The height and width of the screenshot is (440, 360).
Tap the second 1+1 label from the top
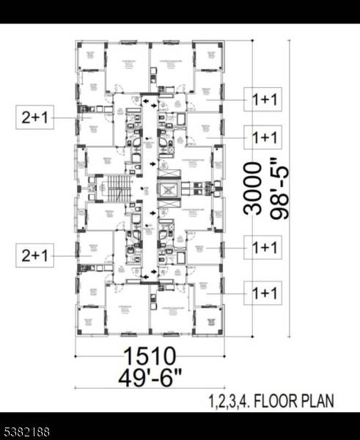(x=264, y=137)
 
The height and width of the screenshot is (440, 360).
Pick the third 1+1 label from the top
(x=264, y=248)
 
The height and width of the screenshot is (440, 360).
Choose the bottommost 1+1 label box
(x=264, y=294)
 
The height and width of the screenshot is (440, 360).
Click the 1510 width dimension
(x=150, y=357)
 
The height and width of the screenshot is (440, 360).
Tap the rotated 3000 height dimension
(x=254, y=188)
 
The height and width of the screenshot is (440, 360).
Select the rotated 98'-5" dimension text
(x=279, y=188)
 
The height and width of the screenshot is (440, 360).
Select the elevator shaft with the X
(x=169, y=192)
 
